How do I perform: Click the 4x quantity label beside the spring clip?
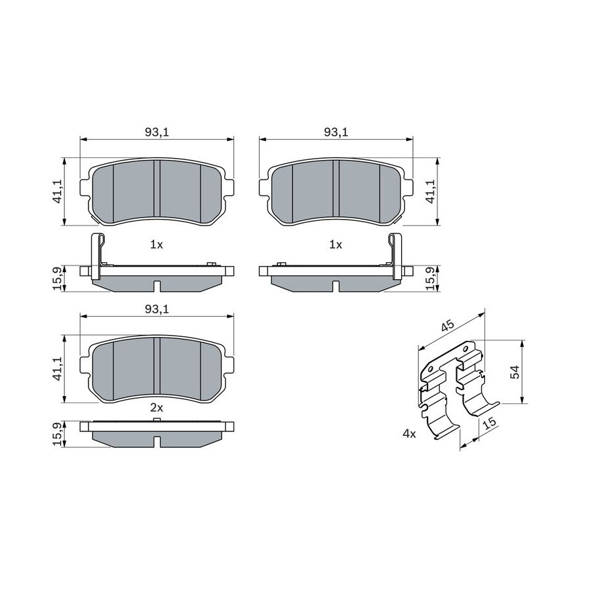coord(409,434)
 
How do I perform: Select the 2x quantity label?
coord(157,407)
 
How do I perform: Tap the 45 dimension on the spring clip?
coord(448,325)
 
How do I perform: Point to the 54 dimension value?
coord(515,372)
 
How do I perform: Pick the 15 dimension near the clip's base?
coord(490,423)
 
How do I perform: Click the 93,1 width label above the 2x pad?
coord(157,309)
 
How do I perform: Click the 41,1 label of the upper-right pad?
coord(431,191)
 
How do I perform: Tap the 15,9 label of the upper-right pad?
coord(431,279)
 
